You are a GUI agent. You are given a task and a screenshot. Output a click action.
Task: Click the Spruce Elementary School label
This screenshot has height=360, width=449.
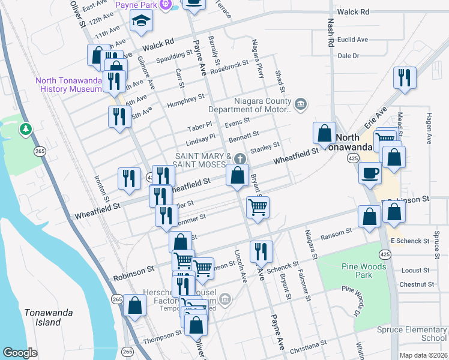[412, 334]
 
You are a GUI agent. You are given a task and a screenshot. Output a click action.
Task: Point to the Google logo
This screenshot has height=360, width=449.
[20, 353]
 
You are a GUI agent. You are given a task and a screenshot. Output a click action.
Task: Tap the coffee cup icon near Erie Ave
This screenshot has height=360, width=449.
[369, 173]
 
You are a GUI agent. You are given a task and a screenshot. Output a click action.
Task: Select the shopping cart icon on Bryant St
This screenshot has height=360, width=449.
[258, 207]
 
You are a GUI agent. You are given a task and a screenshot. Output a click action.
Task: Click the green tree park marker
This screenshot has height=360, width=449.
[25, 128]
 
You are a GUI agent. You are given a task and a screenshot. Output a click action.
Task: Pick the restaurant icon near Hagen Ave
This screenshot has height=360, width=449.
[405, 77]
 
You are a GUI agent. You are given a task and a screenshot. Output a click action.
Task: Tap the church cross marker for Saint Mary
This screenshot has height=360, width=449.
[240, 158]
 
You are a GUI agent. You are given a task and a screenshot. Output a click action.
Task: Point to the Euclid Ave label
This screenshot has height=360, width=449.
[353, 40]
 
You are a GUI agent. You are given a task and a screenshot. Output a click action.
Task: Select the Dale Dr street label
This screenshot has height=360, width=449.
[348, 55]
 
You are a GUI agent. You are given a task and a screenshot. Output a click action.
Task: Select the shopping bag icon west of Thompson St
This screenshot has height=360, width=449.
[136, 305]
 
